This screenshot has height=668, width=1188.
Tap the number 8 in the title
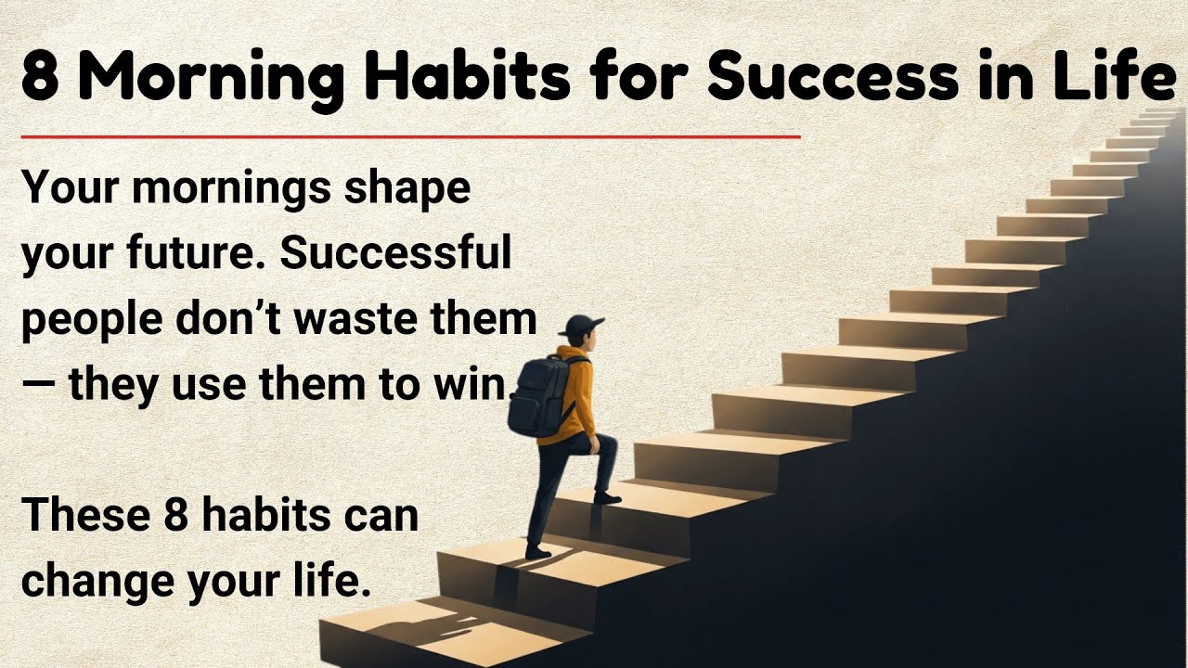(39, 79)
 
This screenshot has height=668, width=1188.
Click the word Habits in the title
(464, 79)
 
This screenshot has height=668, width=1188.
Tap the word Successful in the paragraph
(396, 254)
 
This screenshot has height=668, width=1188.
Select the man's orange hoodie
(575, 394)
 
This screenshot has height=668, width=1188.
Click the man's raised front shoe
(607, 498)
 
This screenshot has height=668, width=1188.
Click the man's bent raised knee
(609, 443)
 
